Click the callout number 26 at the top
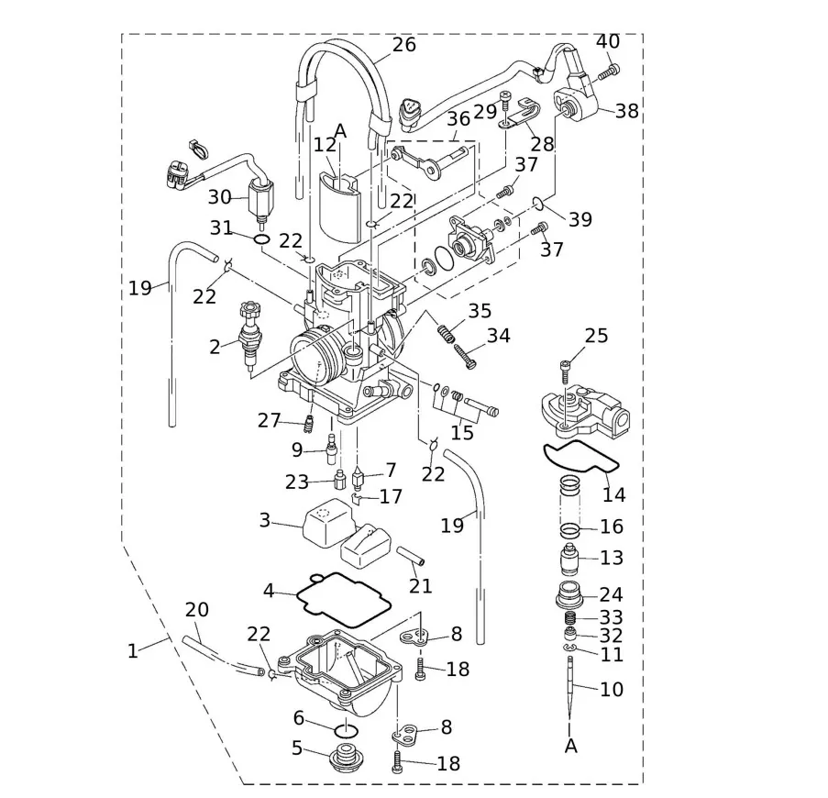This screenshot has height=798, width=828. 403,44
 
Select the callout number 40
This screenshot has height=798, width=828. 608,41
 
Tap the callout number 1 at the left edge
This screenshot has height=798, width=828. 132,650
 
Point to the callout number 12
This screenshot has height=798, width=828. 325,145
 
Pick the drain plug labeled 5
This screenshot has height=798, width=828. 346,731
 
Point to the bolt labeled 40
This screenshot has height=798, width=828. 609,70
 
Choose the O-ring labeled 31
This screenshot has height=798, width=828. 261,240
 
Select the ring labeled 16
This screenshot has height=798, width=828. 570,530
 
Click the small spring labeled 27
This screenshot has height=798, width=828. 309,424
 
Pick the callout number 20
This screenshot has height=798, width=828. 197,609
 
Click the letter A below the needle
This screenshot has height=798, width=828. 571,747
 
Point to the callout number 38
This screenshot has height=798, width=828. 627,112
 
